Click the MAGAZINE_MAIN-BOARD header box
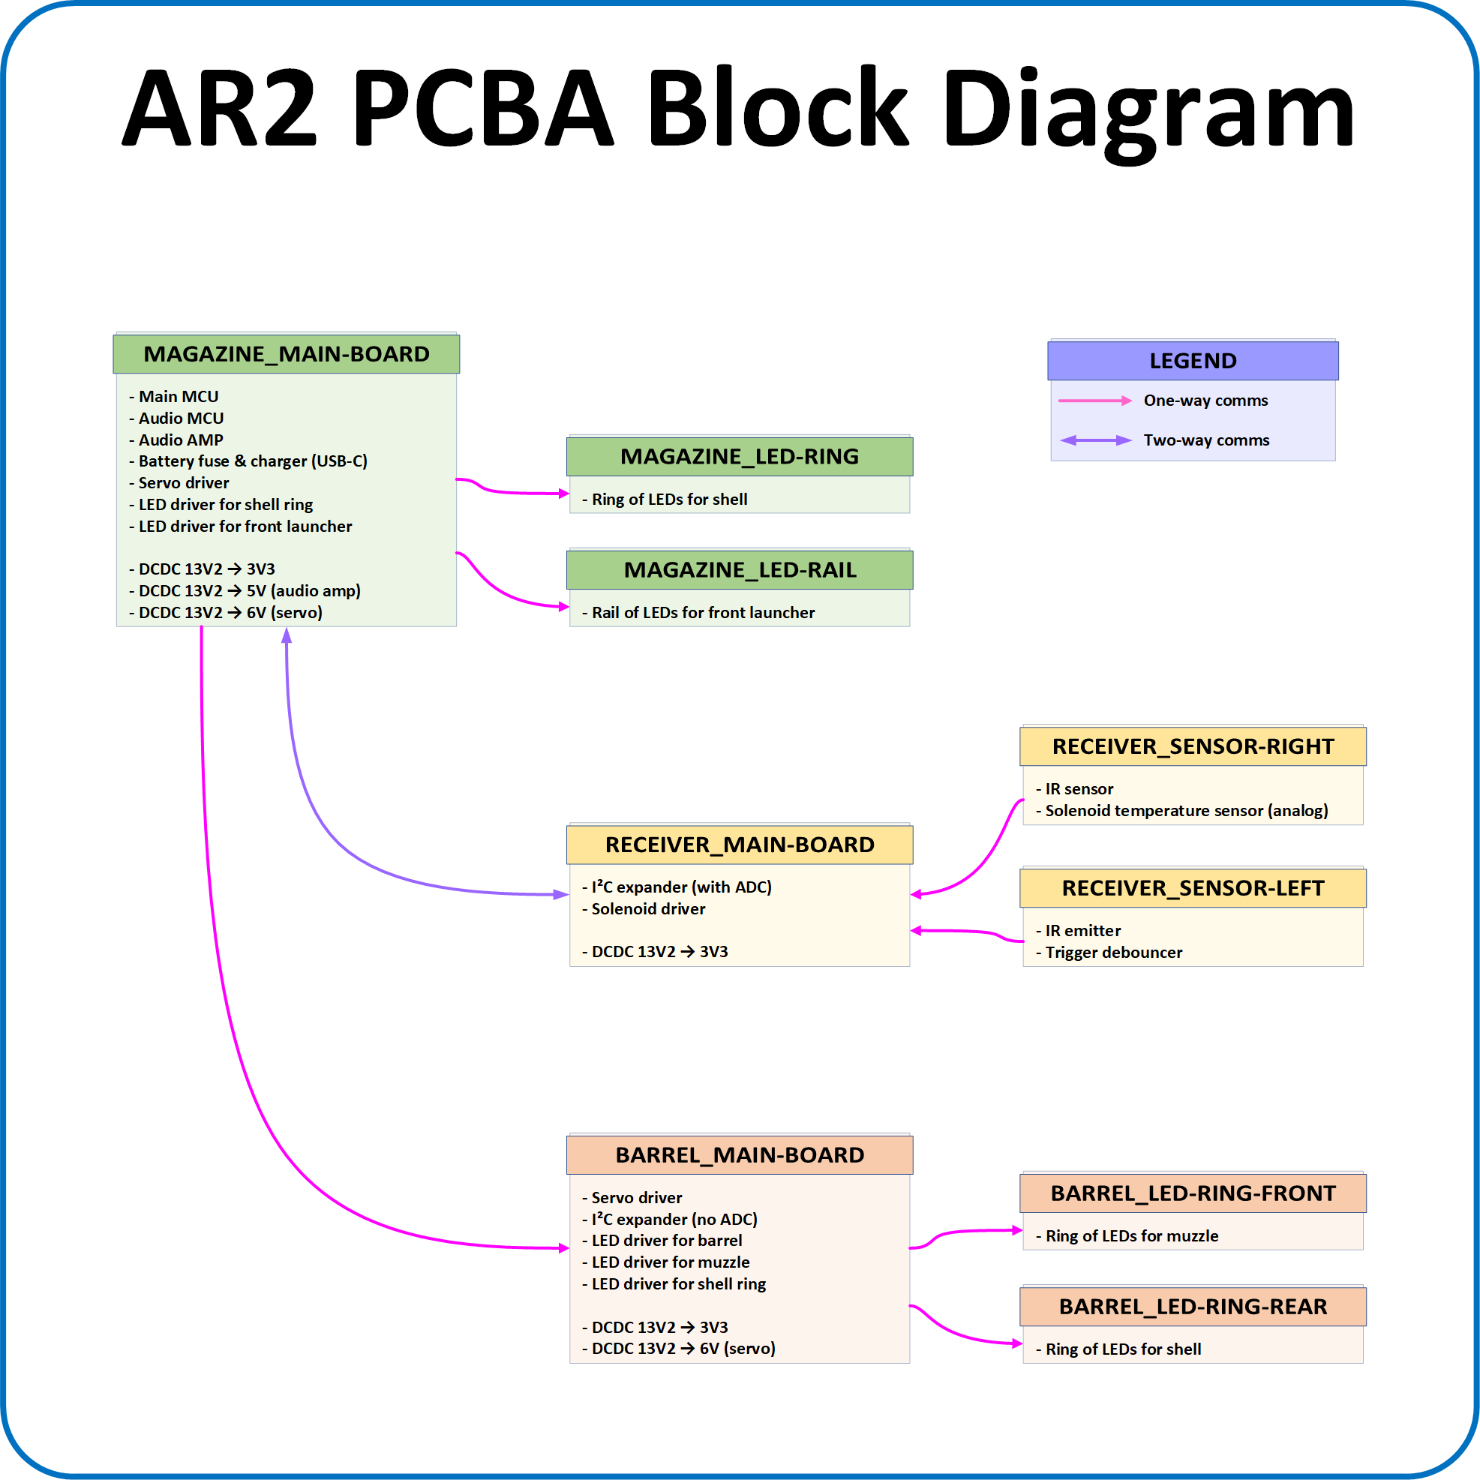[286, 354]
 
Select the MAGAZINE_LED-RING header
[739, 457]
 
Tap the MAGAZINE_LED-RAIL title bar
[739, 570]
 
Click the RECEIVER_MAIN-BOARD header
[739, 844]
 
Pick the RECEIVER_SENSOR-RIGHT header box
[1193, 746]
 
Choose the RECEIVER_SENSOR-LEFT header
[1193, 888]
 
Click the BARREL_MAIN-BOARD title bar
[739, 1154]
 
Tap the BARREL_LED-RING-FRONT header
[1193, 1193]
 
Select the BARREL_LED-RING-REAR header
[1193, 1306]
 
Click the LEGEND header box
[1193, 361]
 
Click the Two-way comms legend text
[1205, 440]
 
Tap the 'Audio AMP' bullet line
[181, 440]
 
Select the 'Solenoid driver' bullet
[648, 908]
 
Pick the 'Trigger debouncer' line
[1113, 952]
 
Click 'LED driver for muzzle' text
[671, 1262]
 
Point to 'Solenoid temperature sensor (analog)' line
[1186, 810]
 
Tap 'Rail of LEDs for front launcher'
[702, 613]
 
